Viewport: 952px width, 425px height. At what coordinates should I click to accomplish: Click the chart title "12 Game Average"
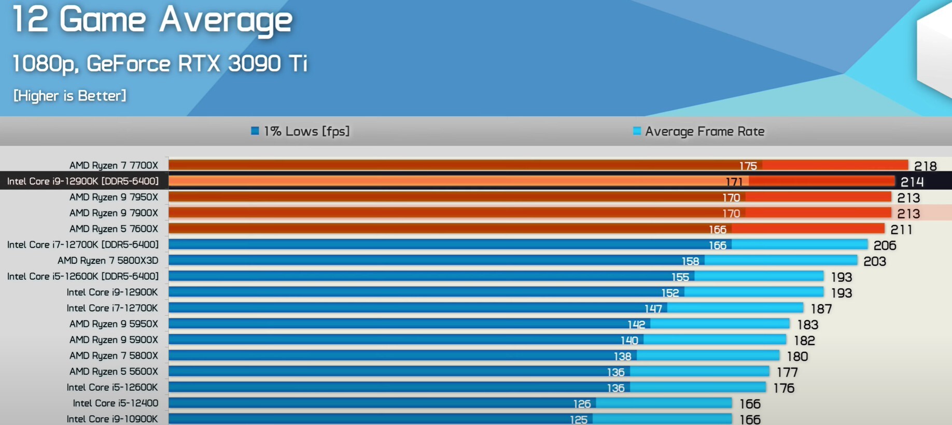[x=152, y=20]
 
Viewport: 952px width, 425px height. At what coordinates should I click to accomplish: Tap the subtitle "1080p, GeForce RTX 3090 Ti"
[x=160, y=64]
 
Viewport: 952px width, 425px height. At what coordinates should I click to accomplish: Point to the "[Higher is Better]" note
[x=69, y=96]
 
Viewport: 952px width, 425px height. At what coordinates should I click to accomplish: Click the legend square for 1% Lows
[x=255, y=131]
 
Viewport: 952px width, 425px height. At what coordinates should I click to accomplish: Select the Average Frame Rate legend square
[x=637, y=131]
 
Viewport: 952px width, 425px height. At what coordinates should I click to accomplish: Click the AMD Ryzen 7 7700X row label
[x=114, y=165]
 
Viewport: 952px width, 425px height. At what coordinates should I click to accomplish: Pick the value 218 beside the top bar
[x=925, y=166]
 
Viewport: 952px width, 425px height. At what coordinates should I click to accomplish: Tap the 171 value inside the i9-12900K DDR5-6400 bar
[x=734, y=182]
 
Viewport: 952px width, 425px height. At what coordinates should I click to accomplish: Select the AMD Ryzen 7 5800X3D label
[x=108, y=261]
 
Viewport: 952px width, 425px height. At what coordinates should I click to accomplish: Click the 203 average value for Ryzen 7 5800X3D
[x=875, y=261]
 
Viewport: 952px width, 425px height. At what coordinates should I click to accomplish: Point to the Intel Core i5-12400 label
[x=115, y=403]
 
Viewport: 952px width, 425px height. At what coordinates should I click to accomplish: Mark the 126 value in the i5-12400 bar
[x=582, y=404]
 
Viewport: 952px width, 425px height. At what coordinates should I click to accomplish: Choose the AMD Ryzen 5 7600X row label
[x=114, y=229]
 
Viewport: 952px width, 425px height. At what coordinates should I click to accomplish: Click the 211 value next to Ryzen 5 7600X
[x=901, y=230]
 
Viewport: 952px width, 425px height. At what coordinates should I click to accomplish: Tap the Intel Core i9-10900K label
[x=112, y=419]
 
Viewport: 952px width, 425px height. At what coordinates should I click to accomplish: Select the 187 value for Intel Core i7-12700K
[x=821, y=309]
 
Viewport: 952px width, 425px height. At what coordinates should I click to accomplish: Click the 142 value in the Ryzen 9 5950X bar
[x=636, y=324]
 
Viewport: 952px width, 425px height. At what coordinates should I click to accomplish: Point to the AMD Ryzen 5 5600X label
[x=114, y=372]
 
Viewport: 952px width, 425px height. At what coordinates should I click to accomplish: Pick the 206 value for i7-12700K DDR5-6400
[x=885, y=245]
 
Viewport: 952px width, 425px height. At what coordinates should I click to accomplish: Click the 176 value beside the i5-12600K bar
[x=783, y=388]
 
